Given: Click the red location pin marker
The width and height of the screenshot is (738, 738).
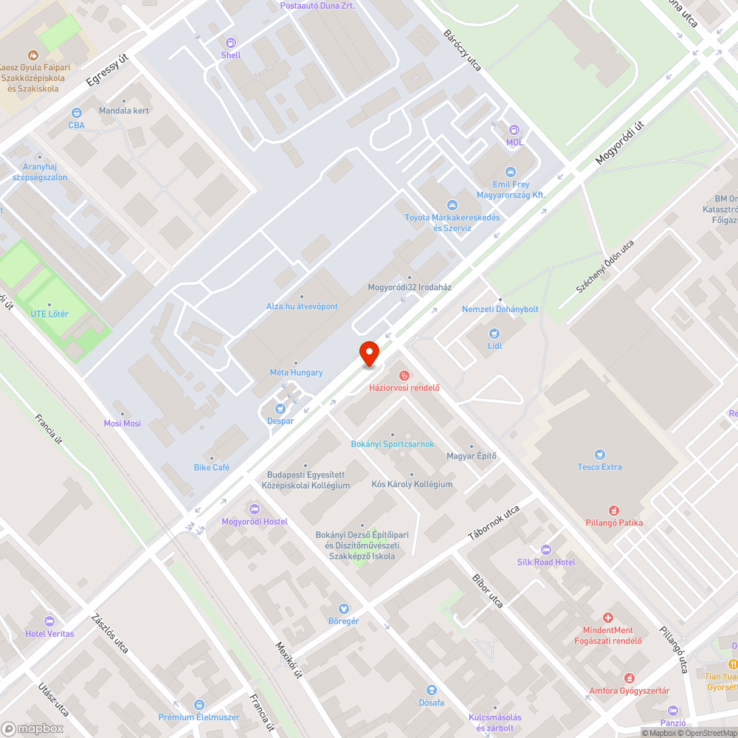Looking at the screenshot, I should coord(368,353).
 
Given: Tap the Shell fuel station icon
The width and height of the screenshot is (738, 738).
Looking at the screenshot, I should coord(231,43).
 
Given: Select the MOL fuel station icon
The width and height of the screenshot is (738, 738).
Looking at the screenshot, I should coord(514,129).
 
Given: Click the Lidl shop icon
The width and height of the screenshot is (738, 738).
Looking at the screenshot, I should coord(494,333).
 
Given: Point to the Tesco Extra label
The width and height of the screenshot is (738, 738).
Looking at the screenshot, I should coord(599,466).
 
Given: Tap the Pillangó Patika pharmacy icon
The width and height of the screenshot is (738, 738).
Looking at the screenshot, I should coord(613,510).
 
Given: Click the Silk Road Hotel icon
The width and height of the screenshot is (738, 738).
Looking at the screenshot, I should coord(546,550).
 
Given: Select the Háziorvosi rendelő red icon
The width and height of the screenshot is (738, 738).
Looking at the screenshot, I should coord(404,376).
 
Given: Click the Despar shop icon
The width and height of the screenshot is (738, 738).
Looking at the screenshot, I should coord(280,408).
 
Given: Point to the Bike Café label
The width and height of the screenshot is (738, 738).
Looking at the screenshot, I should coord(212,467).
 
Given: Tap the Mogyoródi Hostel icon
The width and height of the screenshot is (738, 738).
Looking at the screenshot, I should coord(255,508).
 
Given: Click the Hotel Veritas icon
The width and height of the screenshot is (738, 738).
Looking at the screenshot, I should coord(49,621).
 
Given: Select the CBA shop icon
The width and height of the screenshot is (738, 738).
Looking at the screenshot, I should coord(76,113).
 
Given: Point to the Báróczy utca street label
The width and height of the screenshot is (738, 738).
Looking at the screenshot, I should coord(462,50).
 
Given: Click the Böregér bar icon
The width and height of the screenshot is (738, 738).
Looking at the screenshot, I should coord(343,608).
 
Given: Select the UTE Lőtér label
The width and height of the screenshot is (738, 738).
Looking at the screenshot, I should coord(49,314).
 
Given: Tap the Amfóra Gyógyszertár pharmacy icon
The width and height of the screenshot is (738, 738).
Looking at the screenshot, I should coord(629,677).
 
